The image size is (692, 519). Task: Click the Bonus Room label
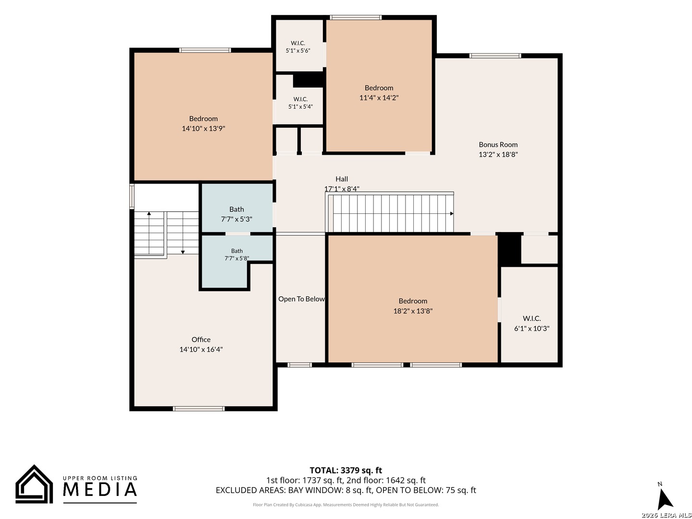click(x=498, y=145)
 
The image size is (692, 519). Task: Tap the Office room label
click(x=201, y=339)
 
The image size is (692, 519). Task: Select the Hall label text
click(x=341, y=179)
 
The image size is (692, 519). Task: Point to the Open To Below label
click(x=301, y=299)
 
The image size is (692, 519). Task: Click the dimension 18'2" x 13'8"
click(x=413, y=311)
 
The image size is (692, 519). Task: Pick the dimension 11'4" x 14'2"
click(x=379, y=98)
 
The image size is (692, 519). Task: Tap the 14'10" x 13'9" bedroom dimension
click(x=203, y=128)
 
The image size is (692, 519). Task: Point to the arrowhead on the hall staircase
click(x=451, y=214)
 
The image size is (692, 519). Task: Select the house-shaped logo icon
click(x=34, y=484)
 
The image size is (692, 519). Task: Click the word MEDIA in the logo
click(x=100, y=489)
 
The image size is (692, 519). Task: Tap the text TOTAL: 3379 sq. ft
click(x=346, y=470)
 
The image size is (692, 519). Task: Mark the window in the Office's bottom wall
click(x=198, y=408)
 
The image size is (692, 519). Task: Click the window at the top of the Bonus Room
click(x=495, y=56)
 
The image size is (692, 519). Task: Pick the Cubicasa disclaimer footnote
click(x=346, y=505)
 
